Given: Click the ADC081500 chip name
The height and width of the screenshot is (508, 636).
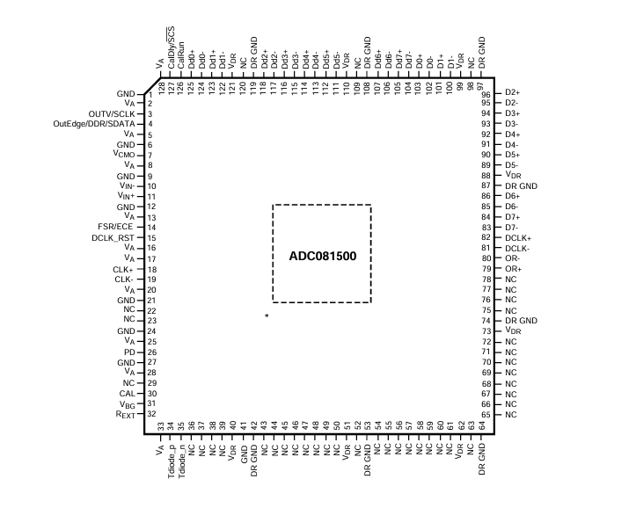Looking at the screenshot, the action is coord(323,256).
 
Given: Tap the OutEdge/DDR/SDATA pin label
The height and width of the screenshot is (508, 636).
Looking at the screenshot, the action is coord(94,124).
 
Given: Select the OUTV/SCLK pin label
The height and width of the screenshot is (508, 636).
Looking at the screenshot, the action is coord(112,114).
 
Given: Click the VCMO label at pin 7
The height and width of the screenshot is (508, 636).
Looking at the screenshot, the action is coord(124,155).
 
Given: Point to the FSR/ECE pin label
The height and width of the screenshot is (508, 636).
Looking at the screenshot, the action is coord(115,227).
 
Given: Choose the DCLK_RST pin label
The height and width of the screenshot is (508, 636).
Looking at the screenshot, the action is coord(113,238).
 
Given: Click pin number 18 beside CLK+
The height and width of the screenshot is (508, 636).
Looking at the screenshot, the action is coord(152,270).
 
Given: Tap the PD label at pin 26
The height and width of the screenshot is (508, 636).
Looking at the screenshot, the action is coord(129,352).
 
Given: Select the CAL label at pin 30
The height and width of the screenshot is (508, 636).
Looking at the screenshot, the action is coord(127,394).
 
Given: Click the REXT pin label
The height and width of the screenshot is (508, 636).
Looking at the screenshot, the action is coord(125,415).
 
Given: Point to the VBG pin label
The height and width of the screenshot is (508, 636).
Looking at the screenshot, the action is coord(127,404).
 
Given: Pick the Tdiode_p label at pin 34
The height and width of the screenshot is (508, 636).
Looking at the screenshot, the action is coord(172,461).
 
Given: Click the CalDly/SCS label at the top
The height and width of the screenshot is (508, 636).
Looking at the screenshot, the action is coord(172,47).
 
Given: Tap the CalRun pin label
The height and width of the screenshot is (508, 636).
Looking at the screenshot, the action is coord(181,55).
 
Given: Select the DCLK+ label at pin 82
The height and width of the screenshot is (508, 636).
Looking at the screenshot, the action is coord(518,238).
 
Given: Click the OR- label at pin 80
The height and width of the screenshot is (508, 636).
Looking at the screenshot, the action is coord(512,258).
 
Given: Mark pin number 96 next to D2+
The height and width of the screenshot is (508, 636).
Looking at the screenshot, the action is coord(486,95).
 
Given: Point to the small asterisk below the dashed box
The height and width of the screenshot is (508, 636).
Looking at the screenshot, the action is coord(267,316).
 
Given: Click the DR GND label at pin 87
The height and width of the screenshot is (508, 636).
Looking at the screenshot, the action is coord(522,186).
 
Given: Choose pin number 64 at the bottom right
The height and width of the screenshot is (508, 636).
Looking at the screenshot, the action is coord(482,425).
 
